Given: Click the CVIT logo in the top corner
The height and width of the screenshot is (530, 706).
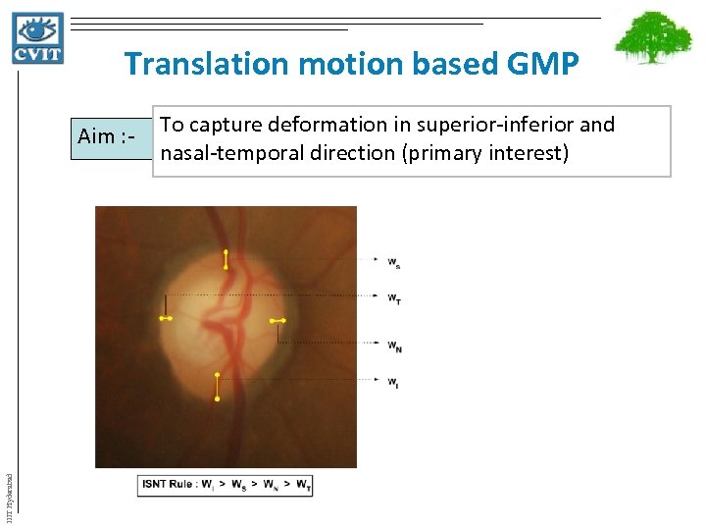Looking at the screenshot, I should pyautogui.click(x=38, y=38).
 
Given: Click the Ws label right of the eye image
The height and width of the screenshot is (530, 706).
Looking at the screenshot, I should pyautogui.click(x=393, y=262).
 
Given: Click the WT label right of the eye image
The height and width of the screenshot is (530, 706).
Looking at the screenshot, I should pyautogui.click(x=393, y=298).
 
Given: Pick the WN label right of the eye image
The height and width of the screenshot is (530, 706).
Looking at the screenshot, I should pyautogui.click(x=393, y=345).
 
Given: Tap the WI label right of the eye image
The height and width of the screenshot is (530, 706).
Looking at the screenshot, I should pyautogui.click(x=392, y=382).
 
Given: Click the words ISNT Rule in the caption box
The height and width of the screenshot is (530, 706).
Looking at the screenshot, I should pyautogui.click(x=169, y=484).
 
